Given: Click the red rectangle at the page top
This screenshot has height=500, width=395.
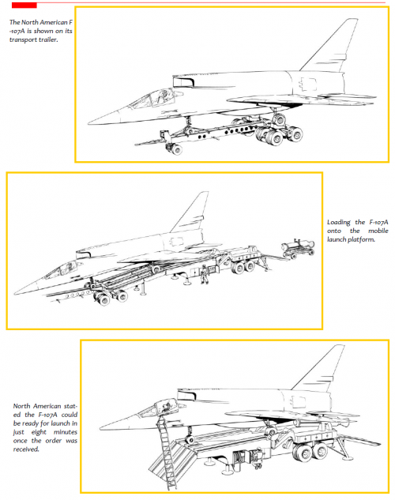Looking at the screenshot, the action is coord(24,5).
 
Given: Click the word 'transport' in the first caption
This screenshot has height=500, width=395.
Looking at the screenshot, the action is coord(23,39).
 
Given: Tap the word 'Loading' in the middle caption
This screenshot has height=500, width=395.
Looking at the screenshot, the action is coord(339,223).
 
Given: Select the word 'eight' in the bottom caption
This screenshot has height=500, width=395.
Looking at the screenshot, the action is coord(39,432).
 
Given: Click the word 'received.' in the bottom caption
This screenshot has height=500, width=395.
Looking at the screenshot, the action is coord(26,449).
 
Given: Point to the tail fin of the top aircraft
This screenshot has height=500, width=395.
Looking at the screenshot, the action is coord(329,46).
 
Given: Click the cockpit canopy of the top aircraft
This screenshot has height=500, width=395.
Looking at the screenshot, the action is coord(153,98).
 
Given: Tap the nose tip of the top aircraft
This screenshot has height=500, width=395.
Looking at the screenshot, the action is coord(88,122).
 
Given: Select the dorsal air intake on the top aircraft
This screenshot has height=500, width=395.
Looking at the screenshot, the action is coord(183,81).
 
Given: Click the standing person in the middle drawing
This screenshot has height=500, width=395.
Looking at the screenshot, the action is coord(204,274).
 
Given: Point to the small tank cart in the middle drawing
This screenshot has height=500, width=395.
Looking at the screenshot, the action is coord(298,248).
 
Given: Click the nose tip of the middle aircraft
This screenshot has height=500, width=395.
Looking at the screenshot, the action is coord(15,293).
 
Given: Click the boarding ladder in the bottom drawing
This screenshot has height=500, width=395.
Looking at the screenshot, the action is coord(167,452).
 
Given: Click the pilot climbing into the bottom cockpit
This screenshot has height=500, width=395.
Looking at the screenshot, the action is coord(165,408).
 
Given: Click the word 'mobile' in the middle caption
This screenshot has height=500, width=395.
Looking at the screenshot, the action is coord(378,231).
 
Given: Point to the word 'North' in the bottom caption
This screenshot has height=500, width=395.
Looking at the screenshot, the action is coord(22,406).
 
